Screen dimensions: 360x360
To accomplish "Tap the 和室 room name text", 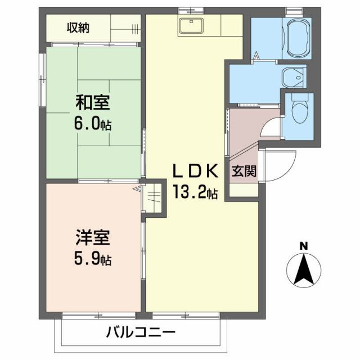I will coord(93,103).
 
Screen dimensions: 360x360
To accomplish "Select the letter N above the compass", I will coord(303,246).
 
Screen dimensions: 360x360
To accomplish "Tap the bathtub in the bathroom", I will coord(299,38).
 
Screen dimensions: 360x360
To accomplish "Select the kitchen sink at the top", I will coord(193,25).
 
